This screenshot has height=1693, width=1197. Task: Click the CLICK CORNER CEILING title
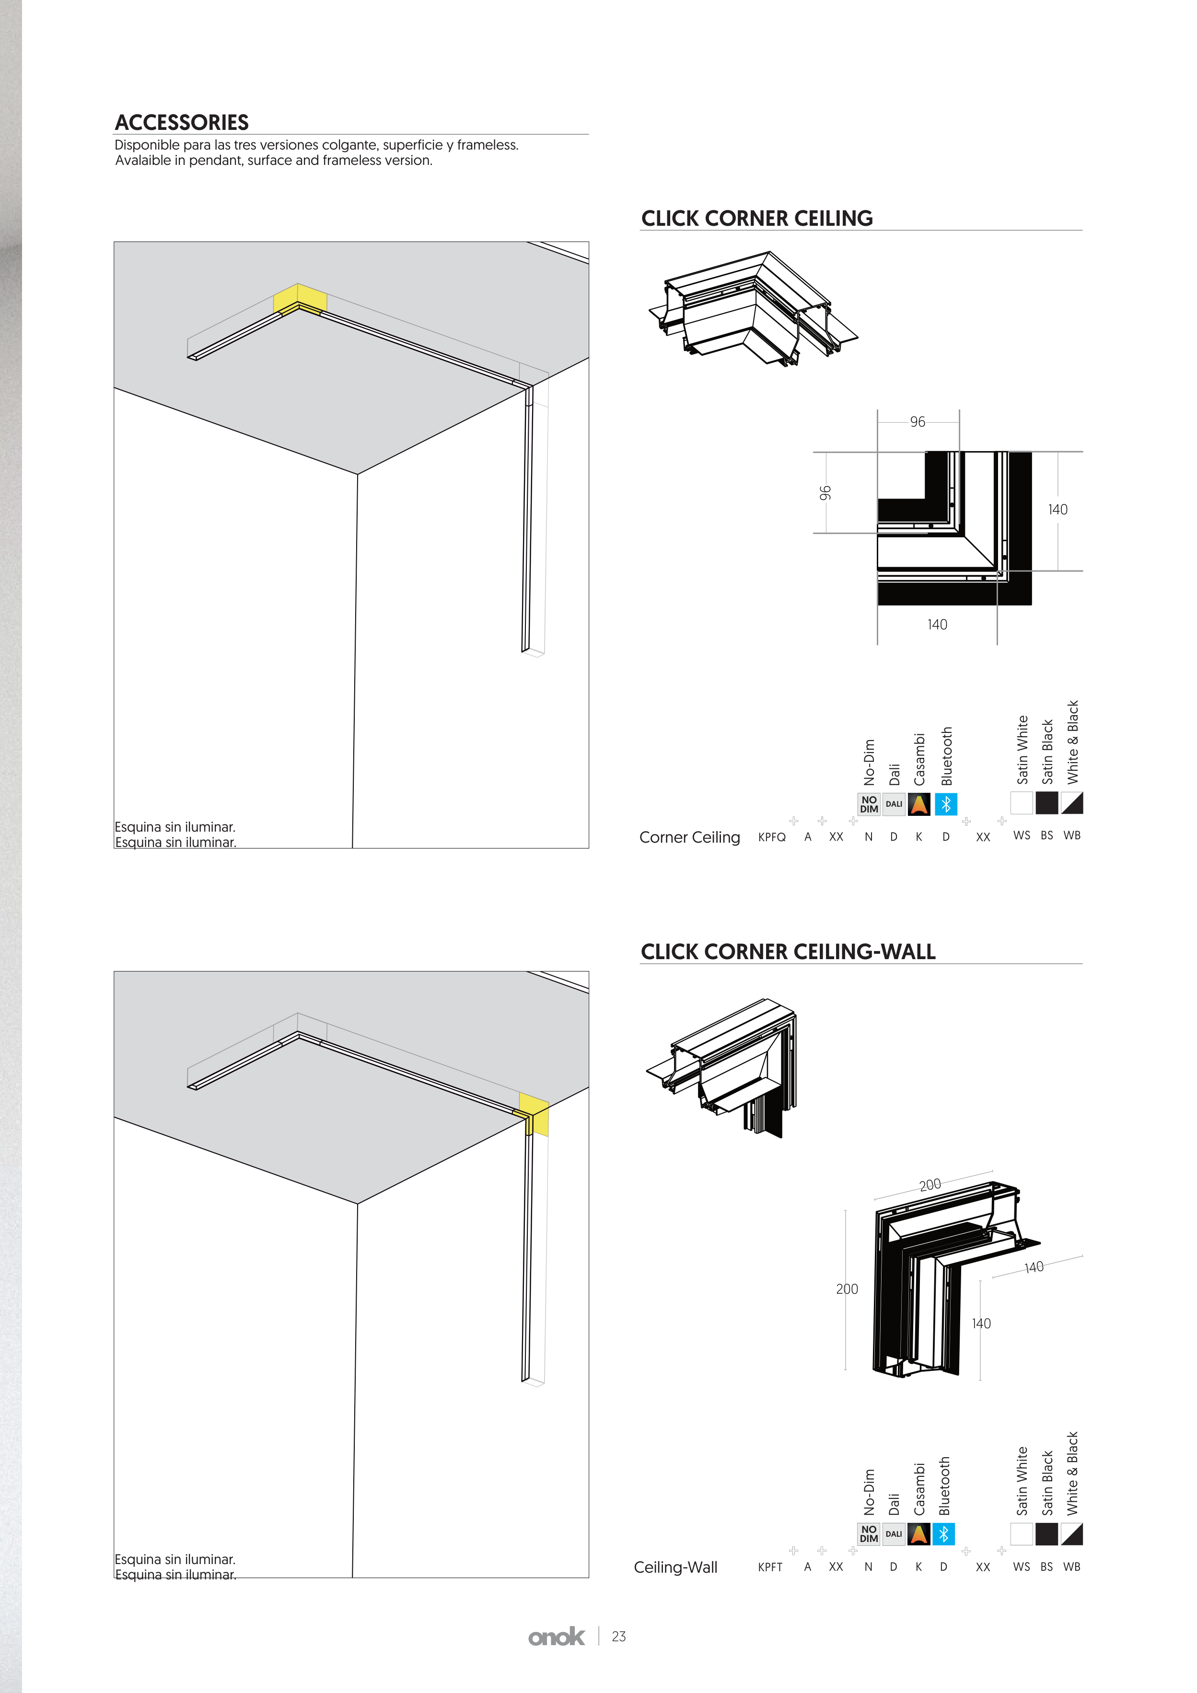(x=757, y=218)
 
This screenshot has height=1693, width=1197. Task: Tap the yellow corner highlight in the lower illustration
(x=534, y=1114)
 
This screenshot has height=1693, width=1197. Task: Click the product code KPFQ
(x=771, y=837)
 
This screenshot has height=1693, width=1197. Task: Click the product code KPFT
(x=770, y=1567)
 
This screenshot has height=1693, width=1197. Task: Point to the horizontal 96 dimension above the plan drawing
(x=918, y=422)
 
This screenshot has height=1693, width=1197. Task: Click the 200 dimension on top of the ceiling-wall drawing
(x=930, y=1184)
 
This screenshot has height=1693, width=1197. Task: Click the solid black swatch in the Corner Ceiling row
(x=1046, y=803)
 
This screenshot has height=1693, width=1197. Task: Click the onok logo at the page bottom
(x=556, y=1636)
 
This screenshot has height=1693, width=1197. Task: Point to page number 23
(x=619, y=1637)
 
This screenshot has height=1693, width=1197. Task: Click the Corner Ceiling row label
(x=690, y=838)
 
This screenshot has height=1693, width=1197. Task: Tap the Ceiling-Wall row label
(x=675, y=1567)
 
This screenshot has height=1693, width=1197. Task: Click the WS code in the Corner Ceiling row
(x=1022, y=835)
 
